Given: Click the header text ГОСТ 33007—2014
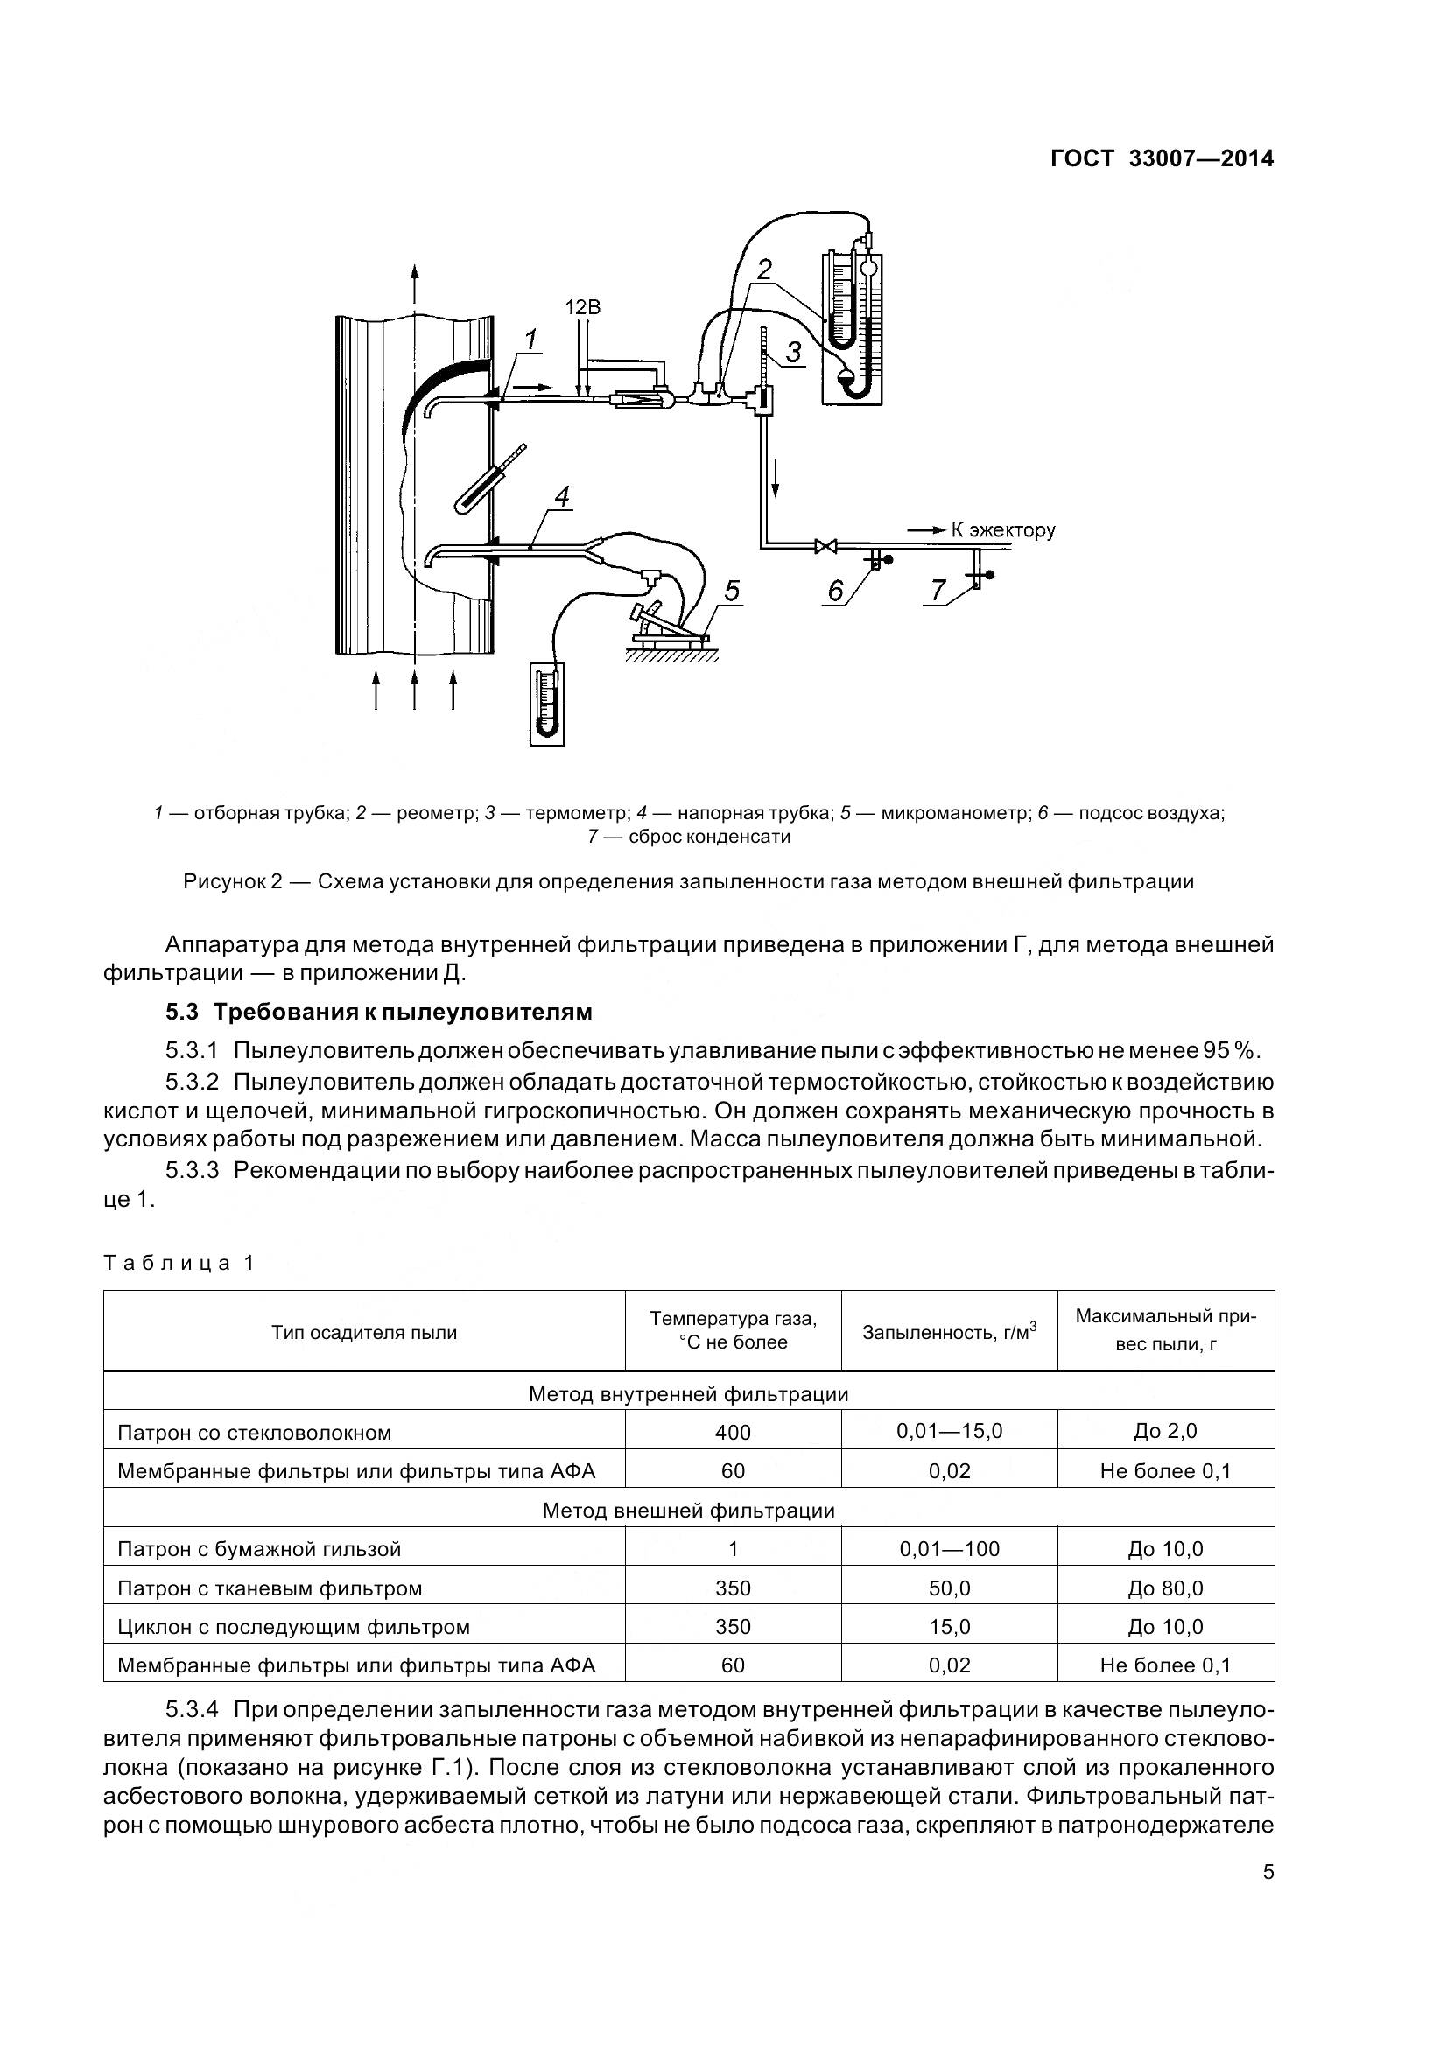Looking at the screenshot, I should point(1161,158).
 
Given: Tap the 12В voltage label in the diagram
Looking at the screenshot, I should point(583,306).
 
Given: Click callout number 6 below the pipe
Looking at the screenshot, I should point(835,590).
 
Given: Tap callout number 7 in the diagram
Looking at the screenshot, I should point(937,590).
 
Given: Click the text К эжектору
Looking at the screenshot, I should point(1002,530).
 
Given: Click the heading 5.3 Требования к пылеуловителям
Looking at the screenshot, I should point(378,1013).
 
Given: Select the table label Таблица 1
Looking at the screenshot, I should point(179,1264).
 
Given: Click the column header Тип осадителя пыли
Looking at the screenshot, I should point(364,1333).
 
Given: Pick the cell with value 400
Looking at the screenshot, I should point(733,1433).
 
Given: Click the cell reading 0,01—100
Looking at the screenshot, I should point(950,1549).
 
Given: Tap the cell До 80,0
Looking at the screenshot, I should point(1165,1588).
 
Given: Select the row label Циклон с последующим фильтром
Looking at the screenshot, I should point(293,1627).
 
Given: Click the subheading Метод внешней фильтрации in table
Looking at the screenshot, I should point(688,1511).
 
